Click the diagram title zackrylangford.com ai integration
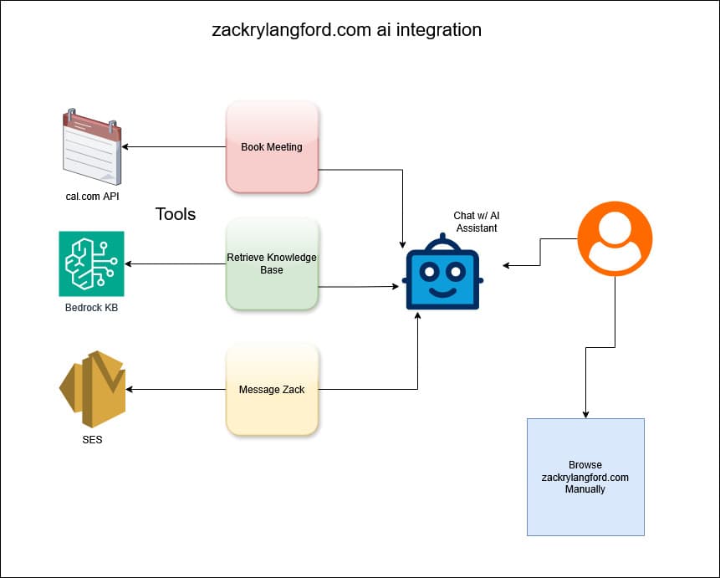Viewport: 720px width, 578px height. tap(346, 30)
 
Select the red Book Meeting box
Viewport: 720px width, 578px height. tap(272, 147)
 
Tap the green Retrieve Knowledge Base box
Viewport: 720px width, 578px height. tap(272, 263)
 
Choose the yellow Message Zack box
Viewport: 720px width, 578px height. tap(272, 389)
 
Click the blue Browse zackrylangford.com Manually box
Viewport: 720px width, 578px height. tap(585, 477)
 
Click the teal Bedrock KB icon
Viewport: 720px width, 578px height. tap(91, 263)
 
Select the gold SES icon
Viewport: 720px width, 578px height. tap(92, 389)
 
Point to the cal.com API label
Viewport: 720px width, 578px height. tap(91, 196)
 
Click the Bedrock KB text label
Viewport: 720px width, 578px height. tap(91, 308)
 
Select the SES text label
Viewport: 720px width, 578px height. tap(92, 439)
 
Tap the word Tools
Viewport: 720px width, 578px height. tap(176, 214)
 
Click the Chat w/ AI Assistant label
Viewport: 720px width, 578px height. tap(476, 221)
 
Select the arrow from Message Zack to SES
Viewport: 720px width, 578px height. tap(176, 389)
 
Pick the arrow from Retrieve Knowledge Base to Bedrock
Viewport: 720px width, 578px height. tap(176, 264)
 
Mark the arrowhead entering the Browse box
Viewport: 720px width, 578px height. tap(585, 413)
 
